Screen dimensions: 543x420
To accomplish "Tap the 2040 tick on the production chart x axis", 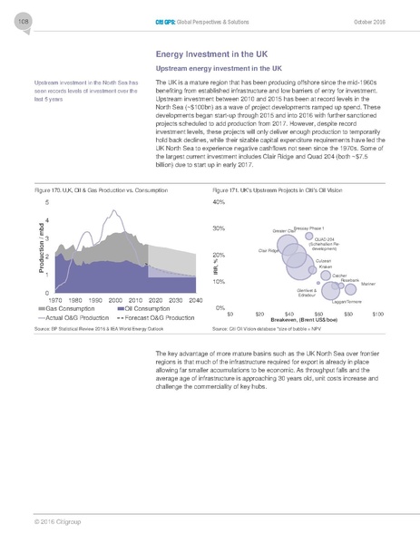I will tap(188, 299).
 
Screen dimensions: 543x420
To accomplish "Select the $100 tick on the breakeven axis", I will tap(377, 314).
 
